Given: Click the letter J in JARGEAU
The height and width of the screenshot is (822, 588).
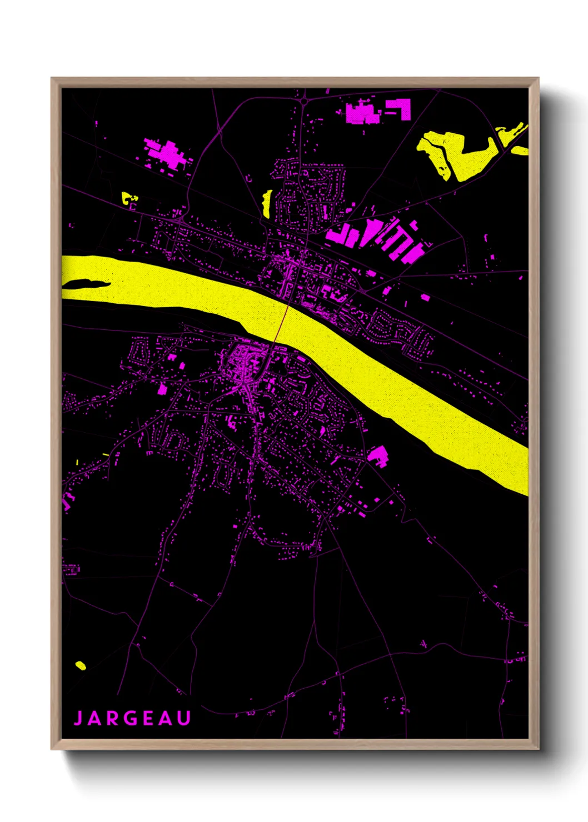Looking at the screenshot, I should coord(78,718).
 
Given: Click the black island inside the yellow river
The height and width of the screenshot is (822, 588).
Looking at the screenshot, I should coord(83,284).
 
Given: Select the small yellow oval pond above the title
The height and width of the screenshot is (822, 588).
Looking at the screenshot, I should coord(81,665).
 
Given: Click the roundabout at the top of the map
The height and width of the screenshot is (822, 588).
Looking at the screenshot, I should coord(305,101).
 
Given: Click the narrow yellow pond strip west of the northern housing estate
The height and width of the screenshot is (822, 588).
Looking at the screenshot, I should coord(267,204).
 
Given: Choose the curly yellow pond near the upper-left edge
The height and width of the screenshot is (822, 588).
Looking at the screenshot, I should coord(129,198).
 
